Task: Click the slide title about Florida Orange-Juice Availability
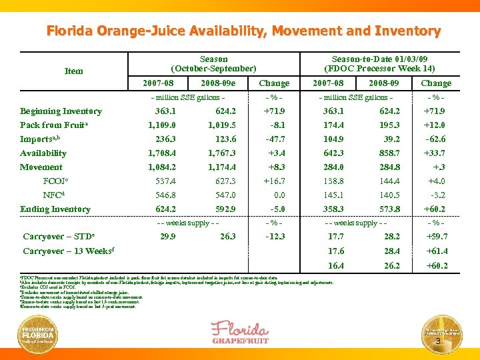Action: pyautogui.click(x=243, y=31)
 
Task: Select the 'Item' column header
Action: pyautogui.click(x=73, y=71)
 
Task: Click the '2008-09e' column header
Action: pyautogui.click(x=219, y=83)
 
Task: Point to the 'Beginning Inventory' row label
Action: pyautogui.click(x=61, y=111)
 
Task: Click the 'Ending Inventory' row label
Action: pyautogui.click(x=55, y=209)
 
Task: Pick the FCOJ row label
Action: pyautogui.click(x=54, y=181)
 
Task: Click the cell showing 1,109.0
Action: pyautogui.click(x=163, y=125)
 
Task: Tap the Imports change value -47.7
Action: pyautogui.click(x=275, y=139)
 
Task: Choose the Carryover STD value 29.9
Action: pyautogui.click(x=168, y=237)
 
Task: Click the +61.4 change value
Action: pyautogui.click(x=437, y=251)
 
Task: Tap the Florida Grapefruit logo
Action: pyautogui.click(x=241, y=331)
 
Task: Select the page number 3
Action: pyautogui.click(x=437, y=342)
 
